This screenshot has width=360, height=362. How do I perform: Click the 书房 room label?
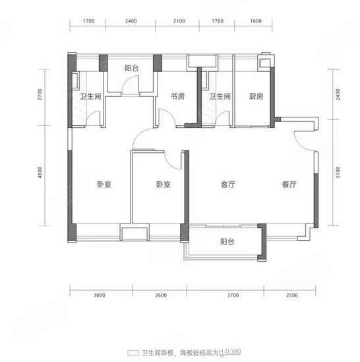177,96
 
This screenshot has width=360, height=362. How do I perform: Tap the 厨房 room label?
256,96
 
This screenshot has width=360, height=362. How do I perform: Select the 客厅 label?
228,185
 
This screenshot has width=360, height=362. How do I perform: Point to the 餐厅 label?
289,185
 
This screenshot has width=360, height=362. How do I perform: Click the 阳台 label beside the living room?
227,241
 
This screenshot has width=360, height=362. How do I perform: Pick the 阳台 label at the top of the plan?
132,68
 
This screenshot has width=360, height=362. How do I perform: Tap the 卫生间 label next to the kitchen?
220,96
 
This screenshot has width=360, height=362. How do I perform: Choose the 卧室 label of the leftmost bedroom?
104,185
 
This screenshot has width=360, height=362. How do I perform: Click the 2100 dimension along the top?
179,21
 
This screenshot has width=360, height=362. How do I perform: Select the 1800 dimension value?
256,21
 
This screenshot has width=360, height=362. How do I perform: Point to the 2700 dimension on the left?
40,94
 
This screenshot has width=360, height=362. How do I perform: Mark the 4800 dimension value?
40,173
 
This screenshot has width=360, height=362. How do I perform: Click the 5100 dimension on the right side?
338,172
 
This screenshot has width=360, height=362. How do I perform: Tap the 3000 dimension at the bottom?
100,295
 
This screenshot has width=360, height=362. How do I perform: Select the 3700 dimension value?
233,295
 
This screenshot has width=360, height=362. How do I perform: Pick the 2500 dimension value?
292,295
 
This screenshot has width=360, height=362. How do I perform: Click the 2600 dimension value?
161,295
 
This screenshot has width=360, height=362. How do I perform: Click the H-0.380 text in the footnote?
230,352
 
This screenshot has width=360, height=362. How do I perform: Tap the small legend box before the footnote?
133,353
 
